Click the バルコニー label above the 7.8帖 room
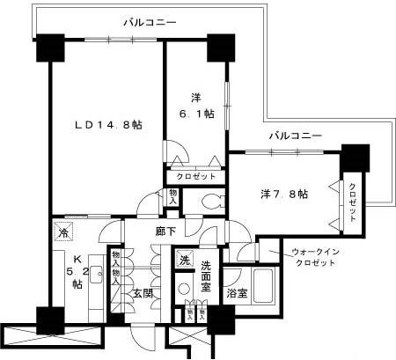(x=295, y=136)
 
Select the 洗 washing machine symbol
(x=184, y=260)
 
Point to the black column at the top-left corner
(x=47, y=47)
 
